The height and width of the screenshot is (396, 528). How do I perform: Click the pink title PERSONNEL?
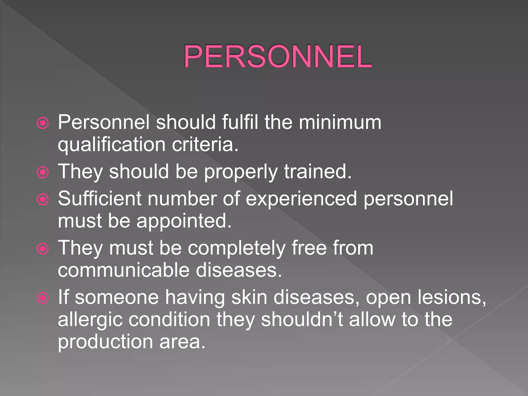[x=277, y=56]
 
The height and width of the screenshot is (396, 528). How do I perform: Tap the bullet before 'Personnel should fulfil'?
[x=43, y=123]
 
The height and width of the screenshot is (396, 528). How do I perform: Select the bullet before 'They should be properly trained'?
[x=43, y=172]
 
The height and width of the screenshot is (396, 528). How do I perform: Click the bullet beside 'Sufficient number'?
[x=43, y=199]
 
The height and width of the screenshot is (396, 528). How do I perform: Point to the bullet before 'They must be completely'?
[x=43, y=249]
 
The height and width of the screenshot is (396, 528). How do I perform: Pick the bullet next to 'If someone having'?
[x=43, y=298]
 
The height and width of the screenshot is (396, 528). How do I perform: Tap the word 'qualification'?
[x=112, y=145]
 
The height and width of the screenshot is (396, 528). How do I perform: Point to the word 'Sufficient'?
[x=100, y=199]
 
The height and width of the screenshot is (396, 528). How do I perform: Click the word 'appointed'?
[x=184, y=221]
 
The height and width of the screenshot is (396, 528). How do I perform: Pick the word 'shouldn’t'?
[x=302, y=319]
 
